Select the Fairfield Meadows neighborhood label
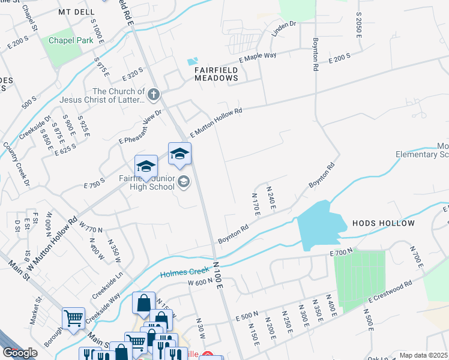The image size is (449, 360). [x=216, y=74]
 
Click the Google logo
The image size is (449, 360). [x=20, y=353]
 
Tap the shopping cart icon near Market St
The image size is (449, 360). [x=73, y=318]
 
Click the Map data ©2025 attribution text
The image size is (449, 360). [x=423, y=355]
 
